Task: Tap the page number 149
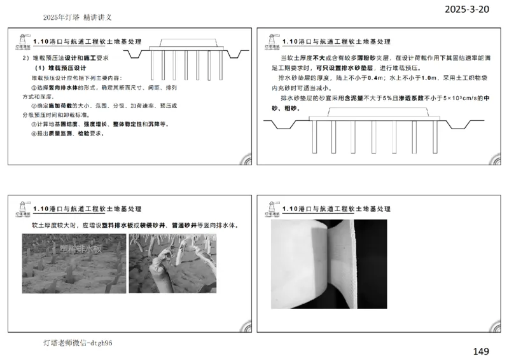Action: [482, 350]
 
